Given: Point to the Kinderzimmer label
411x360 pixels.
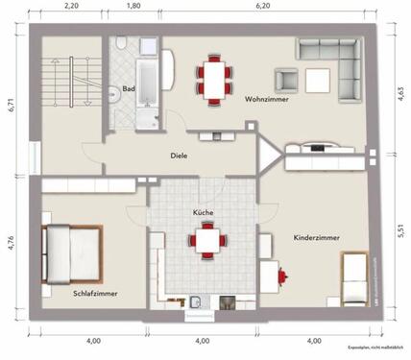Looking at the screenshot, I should pyautogui.click(x=317, y=236).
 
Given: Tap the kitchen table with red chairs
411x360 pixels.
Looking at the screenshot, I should pyautogui.click(x=205, y=239).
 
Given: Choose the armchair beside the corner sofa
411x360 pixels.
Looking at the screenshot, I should pyautogui.click(x=286, y=81).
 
